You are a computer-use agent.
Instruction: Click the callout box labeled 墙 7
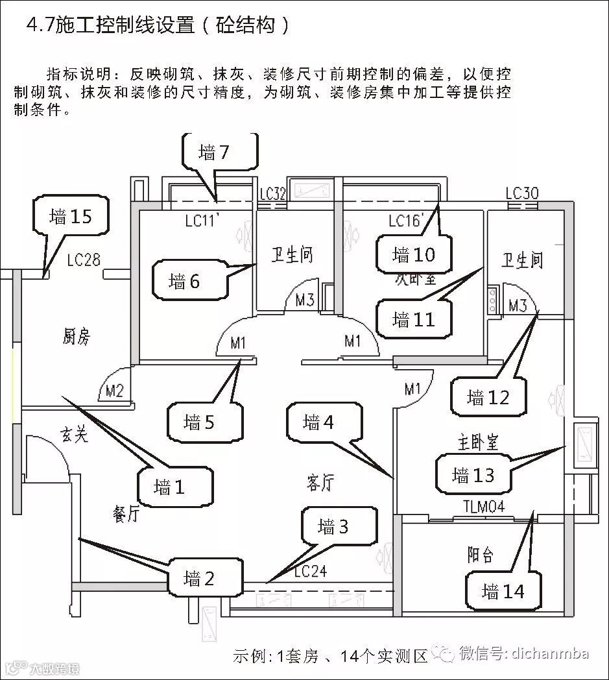click(x=214, y=154)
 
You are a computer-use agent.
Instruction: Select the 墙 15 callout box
click(x=71, y=217)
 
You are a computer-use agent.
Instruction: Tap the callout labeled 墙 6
click(x=185, y=282)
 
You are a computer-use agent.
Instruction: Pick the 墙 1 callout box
click(x=170, y=487)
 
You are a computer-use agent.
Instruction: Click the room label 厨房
click(x=77, y=337)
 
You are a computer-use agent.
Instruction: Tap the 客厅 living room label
click(x=320, y=483)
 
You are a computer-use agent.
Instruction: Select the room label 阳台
click(x=481, y=555)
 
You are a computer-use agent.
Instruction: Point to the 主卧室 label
click(x=475, y=443)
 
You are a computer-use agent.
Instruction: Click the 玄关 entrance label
click(x=75, y=435)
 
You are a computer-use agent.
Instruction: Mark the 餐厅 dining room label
click(x=126, y=515)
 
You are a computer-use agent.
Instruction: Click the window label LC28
click(x=84, y=260)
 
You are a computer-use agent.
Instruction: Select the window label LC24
click(x=310, y=571)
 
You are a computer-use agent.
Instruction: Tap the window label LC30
click(x=522, y=193)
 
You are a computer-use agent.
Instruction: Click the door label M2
click(x=115, y=391)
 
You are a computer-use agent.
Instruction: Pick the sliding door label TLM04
click(x=483, y=507)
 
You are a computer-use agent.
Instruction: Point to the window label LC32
click(x=273, y=194)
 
